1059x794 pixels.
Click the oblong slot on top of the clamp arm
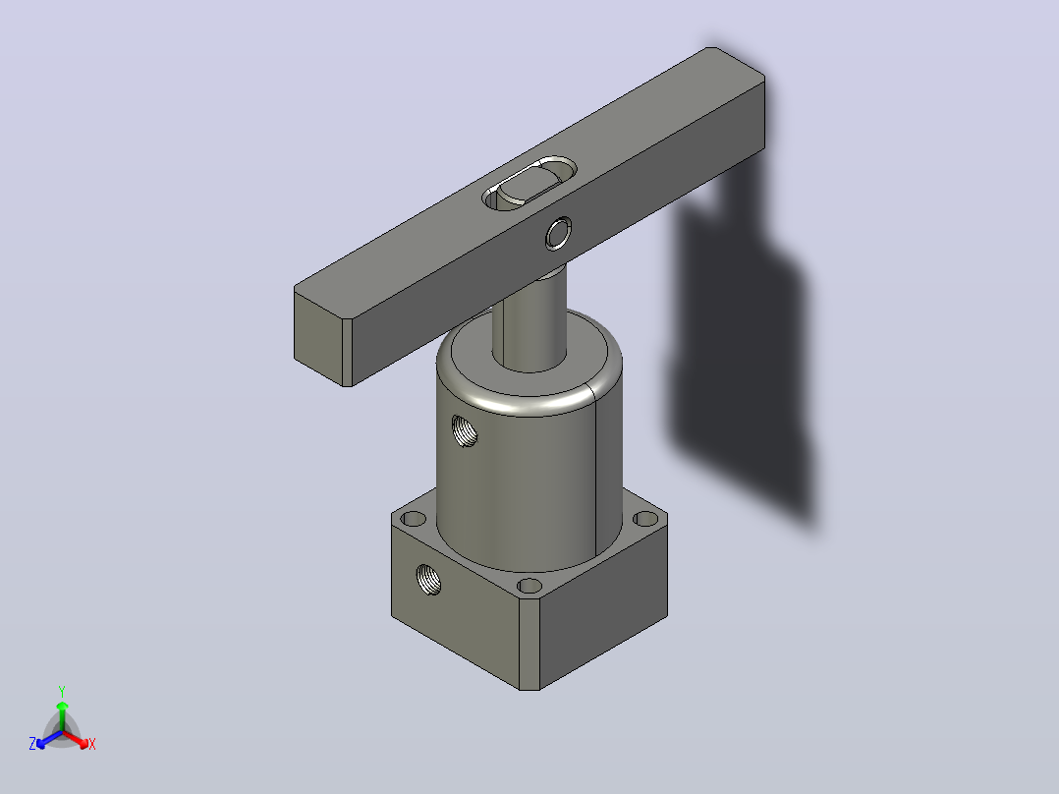coord(529,183)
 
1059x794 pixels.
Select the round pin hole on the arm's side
coord(558,233)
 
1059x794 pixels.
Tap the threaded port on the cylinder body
coord(464,430)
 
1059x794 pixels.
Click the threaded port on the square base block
coord(428,579)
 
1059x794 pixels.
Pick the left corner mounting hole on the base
coord(414,519)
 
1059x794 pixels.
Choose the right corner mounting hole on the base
coord(646,519)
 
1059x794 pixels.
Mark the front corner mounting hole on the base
coord(529,586)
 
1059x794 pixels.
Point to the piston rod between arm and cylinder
coord(529,317)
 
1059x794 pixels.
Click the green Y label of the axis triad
coord(62,691)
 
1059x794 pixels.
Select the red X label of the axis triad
coord(92,744)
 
